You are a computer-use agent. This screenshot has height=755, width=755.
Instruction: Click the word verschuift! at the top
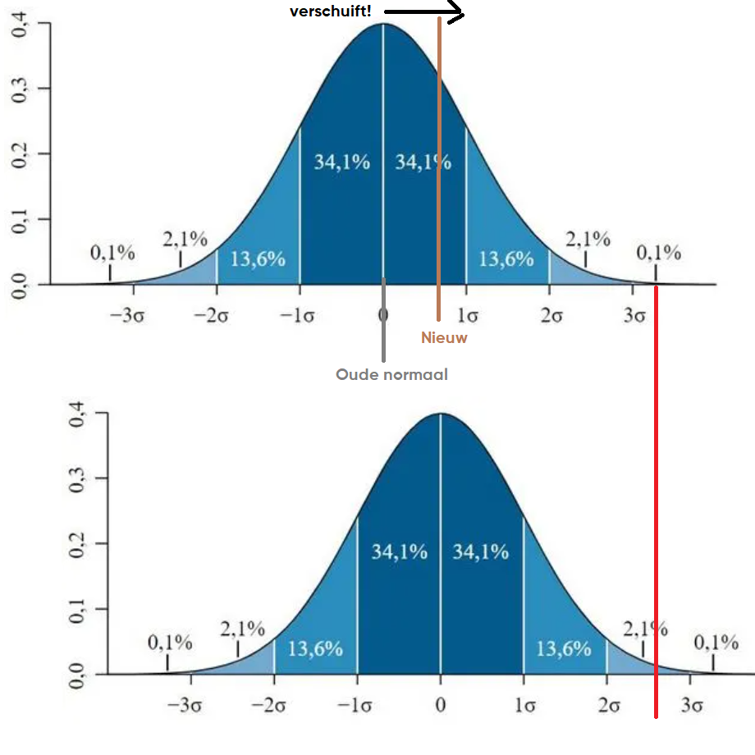330,11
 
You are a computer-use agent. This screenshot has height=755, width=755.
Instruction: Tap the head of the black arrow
460,12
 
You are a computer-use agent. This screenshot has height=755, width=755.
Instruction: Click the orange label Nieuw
444,337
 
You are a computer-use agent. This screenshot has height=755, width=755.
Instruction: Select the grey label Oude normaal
391,375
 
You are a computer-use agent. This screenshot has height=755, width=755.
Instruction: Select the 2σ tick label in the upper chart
551,316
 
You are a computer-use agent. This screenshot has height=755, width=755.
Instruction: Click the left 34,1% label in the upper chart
341,162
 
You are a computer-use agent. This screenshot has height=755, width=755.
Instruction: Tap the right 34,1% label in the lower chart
481,552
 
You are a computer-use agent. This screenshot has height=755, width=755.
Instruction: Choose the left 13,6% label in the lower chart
315,649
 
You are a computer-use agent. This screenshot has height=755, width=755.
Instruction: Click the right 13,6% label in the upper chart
506,259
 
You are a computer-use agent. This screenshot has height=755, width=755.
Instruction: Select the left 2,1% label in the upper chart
185,240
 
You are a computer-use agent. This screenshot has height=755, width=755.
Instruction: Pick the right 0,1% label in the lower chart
716,643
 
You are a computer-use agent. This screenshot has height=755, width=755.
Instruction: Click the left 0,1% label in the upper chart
112,253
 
